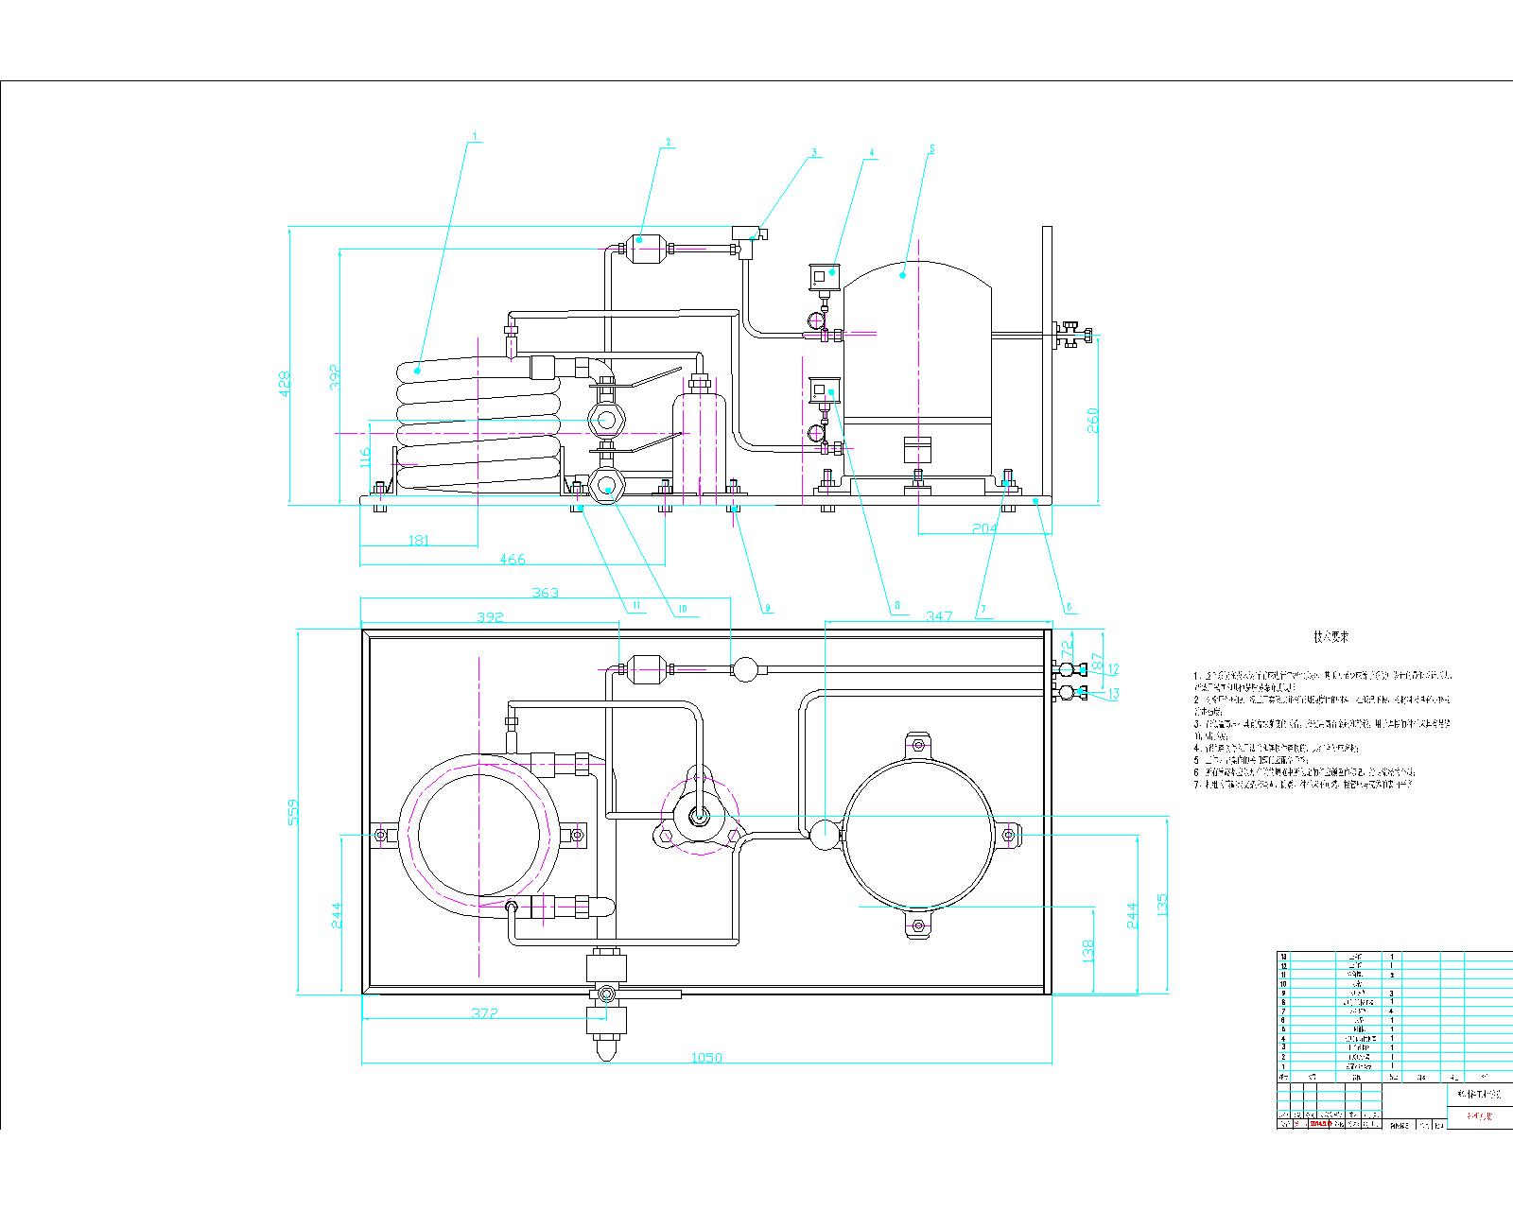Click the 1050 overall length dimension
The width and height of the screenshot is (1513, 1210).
[x=706, y=1058]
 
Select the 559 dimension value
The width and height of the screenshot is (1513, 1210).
[x=293, y=812]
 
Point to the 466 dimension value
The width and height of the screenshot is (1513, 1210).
[x=512, y=560]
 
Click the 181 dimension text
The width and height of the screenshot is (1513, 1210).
[x=418, y=541]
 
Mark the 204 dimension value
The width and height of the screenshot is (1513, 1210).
[x=985, y=529]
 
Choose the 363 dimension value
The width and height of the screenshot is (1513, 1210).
[x=546, y=593]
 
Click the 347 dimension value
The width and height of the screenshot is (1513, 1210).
[x=939, y=616]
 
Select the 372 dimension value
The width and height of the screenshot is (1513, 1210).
[x=484, y=1012]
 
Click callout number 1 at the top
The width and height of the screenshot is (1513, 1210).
[x=477, y=135]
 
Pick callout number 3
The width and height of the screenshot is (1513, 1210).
[x=812, y=151]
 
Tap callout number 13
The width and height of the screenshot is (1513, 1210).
[x=1113, y=694]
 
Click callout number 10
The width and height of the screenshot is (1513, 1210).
[x=682, y=609]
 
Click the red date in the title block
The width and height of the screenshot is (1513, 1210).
[x=1320, y=1124]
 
